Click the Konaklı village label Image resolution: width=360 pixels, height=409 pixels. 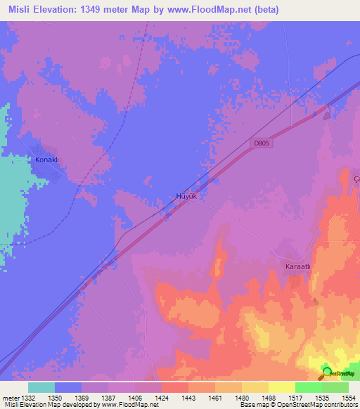pyautogui.click(x=50, y=160)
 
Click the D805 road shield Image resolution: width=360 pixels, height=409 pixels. pyautogui.click(x=262, y=143)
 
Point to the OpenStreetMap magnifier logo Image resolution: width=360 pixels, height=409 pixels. pyautogui.click(x=327, y=372)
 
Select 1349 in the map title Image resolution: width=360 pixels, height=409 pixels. pyautogui.click(x=117, y=10)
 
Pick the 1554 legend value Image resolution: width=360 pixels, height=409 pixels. pyautogui.click(x=347, y=398)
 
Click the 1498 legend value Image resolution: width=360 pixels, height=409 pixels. pyautogui.click(x=269, y=398)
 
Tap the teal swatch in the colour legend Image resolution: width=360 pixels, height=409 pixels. pyautogui.click(x=41, y=387)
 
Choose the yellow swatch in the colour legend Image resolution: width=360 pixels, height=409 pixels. pyautogui.click(x=282, y=387)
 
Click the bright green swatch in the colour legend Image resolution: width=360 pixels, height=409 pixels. pyautogui.click(x=309, y=387)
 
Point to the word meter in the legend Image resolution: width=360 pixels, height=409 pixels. pyautogui.click(x=12, y=398)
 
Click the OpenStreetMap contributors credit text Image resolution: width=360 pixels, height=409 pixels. pyautogui.click(x=309, y=405)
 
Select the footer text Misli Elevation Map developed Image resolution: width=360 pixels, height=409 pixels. pyautogui.click(x=49, y=405)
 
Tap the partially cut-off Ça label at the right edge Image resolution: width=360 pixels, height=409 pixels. pyautogui.click(x=356, y=179)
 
